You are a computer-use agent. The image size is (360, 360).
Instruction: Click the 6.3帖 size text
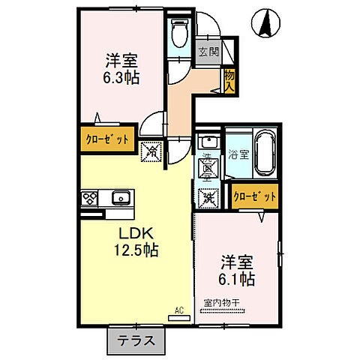pos(120,76)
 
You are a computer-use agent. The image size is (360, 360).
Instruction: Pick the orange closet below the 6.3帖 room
pos(106,139)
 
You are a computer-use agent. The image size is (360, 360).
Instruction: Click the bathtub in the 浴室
pos(266,151)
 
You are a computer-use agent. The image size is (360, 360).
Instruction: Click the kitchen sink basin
pos(120,199)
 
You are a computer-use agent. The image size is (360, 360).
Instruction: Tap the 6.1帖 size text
pos(238,279)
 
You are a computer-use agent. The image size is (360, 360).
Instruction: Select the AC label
pos(179,309)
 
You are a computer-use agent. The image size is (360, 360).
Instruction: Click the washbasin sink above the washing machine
pos(208,141)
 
